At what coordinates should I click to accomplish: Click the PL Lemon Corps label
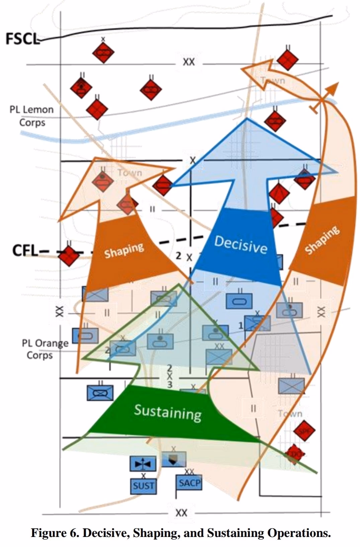tap(32, 116)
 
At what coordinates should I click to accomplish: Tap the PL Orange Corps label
tap(45, 349)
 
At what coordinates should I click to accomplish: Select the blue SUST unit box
tap(143, 485)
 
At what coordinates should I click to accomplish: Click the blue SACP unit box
tap(189, 483)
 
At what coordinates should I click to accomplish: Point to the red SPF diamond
tap(304, 431)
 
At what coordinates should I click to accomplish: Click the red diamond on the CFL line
tap(69, 256)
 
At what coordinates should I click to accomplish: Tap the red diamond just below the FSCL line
tap(103, 53)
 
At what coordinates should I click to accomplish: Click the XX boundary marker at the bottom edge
tap(181, 513)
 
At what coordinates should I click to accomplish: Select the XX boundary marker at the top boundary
tap(189, 62)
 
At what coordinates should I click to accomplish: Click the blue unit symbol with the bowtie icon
tap(143, 464)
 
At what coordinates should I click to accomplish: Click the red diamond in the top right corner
tap(287, 59)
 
